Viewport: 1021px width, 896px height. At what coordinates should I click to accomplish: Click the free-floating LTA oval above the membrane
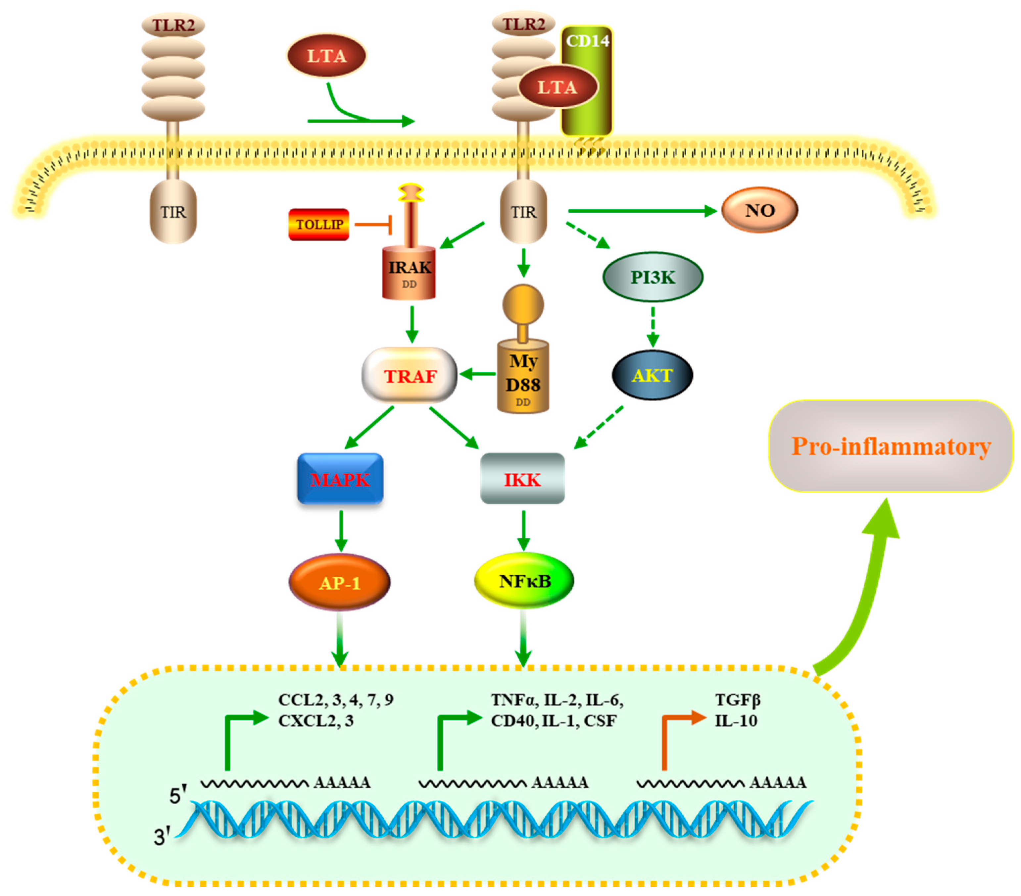coord(326,55)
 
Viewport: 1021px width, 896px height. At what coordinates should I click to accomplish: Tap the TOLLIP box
coord(319,224)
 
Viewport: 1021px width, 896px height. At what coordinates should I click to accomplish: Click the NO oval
coord(759,210)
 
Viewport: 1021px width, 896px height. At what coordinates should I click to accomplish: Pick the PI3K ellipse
coord(653,277)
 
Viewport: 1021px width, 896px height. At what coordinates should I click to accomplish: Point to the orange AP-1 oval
coord(340,583)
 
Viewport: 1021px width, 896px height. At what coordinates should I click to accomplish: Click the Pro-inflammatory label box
coord(891,446)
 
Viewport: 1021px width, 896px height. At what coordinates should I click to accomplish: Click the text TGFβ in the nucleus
coord(737,700)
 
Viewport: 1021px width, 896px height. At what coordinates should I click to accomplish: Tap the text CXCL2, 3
coord(316,720)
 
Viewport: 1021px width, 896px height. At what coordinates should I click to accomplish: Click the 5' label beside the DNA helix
coord(177,795)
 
